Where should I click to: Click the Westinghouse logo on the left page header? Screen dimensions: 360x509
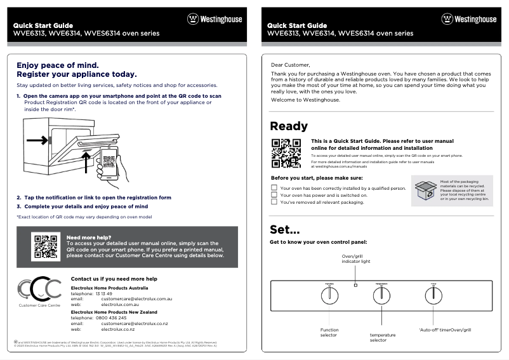pos(214,19)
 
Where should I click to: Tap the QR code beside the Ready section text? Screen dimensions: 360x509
pos(286,152)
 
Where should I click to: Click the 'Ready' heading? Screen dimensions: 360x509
pos(289,126)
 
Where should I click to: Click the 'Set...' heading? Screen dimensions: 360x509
pos(285,229)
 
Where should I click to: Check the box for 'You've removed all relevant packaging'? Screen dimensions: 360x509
pos(274,202)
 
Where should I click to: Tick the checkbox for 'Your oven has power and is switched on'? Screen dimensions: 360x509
pos(274,195)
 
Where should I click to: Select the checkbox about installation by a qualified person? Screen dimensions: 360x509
pos(274,188)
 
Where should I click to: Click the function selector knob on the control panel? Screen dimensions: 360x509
pos(329,295)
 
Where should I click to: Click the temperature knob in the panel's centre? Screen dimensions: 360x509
pos(381,295)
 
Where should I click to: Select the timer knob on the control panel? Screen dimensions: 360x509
pos(433,295)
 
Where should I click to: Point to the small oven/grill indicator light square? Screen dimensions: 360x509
pos(355,285)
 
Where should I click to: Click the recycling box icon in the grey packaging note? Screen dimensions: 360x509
pos(425,190)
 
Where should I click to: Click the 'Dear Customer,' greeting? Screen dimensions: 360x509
pos(291,65)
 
